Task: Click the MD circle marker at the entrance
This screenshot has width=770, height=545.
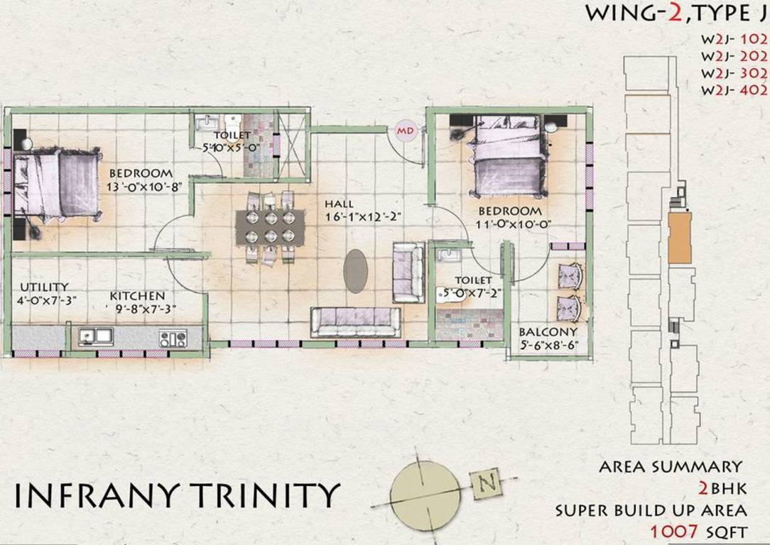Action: click(x=405, y=131)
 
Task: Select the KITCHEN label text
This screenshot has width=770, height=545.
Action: click(x=137, y=295)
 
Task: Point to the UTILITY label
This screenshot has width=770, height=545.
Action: click(x=44, y=286)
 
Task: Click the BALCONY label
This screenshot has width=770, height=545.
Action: click(x=547, y=332)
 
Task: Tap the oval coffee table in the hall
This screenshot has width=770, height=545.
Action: click(x=357, y=271)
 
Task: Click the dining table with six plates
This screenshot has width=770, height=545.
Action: click(x=270, y=226)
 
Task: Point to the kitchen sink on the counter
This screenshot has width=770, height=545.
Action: click(x=94, y=335)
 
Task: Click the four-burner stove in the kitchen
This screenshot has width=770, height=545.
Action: click(x=173, y=338)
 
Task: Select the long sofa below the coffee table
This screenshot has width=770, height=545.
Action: click(x=355, y=322)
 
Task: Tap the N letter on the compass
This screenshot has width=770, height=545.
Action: click(x=487, y=484)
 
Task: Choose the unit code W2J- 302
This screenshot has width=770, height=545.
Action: click(x=734, y=73)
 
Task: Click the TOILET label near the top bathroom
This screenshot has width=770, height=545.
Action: click(x=232, y=135)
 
